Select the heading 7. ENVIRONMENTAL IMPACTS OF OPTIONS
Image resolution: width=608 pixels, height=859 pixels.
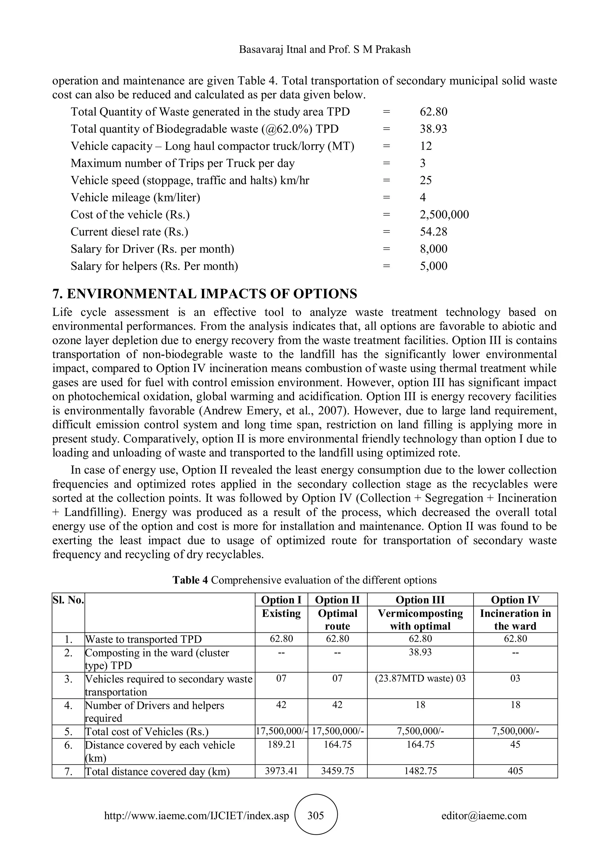[205, 294]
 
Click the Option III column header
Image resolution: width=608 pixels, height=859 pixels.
[420, 600]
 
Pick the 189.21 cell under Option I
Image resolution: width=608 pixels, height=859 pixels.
[281, 744]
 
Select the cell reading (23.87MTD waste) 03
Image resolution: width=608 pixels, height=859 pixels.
[420, 678]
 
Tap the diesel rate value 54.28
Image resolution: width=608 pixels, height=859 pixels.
[433, 232]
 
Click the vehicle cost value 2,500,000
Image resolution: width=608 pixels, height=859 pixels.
[444, 214]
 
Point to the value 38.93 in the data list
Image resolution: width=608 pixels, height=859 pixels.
[433, 129]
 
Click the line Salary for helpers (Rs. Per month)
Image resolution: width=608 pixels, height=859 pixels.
[154, 266]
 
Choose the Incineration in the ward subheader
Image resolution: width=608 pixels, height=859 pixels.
[515, 620]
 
